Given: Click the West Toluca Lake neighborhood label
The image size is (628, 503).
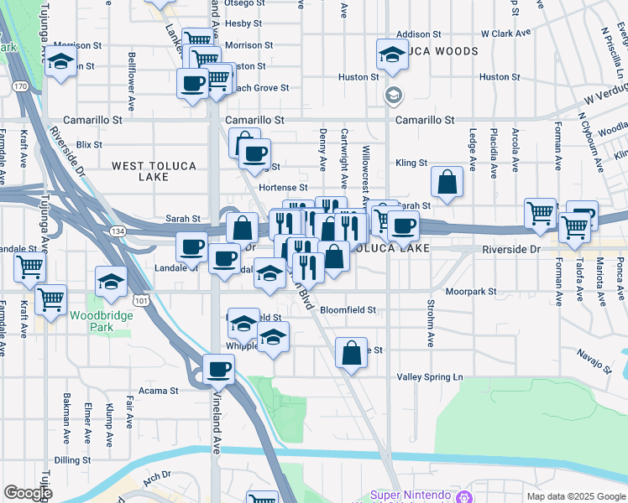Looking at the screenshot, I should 154,167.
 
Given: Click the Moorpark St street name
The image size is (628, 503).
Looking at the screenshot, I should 471,292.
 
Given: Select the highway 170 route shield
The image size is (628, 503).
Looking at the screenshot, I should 20,86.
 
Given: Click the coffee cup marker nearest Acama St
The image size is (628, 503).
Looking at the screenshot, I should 219,368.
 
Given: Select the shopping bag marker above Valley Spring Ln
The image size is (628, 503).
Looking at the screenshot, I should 351,352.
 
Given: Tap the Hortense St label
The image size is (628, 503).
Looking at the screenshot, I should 283,188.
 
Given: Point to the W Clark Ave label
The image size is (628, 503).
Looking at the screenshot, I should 506,34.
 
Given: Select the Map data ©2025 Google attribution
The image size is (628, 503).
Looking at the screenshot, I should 575,496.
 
